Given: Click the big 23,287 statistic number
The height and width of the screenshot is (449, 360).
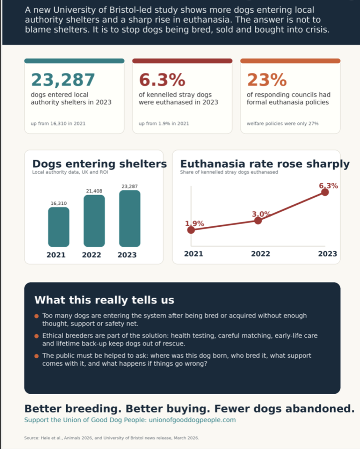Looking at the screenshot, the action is pos(63,80).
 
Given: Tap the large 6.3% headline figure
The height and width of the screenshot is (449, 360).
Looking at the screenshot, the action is pos(162,80).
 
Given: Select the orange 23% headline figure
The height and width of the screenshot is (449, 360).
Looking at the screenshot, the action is pos(267,80).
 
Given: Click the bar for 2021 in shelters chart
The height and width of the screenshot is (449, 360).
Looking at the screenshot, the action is pos(59,227).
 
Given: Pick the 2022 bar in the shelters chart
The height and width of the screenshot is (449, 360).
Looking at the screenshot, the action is pos(94,221).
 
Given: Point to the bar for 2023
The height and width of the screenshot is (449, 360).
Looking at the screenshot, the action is pos(130,218).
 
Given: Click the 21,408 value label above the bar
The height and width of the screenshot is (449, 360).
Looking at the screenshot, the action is pos(94,191).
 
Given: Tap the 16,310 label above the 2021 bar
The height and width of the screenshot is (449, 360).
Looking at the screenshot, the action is pos(59,203).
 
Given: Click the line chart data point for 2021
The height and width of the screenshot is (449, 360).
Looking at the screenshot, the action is pos(191,230).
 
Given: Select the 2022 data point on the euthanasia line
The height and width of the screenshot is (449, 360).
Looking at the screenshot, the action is pos(258,221).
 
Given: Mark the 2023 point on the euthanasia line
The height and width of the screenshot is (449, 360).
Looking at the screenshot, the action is pos(325,192).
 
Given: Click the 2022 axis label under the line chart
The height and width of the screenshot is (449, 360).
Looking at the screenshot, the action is pos(260,254).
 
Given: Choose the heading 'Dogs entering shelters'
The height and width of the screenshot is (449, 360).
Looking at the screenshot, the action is pos(100,164).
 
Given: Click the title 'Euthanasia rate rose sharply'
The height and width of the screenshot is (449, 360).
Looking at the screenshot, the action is pos(265,164).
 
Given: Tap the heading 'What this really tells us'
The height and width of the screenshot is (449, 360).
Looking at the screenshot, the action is pos(104,300).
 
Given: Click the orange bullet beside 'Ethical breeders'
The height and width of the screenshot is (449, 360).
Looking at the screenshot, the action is pos(36,336).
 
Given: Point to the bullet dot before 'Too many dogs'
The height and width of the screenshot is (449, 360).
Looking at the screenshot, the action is pos(36,316).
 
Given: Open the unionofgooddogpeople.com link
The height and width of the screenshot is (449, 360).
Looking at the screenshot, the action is pos(192,420).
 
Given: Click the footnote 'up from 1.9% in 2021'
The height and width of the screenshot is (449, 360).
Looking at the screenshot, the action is pos(164,123).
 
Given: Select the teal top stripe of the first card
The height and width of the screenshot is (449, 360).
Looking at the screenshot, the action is pos(75,61).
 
